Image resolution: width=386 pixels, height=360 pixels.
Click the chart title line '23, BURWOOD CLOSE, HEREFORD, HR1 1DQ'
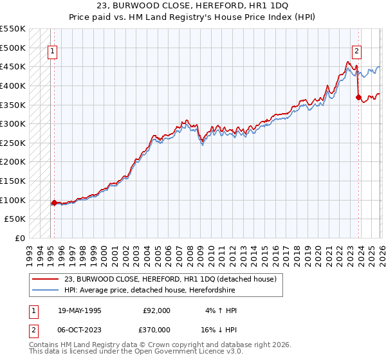pyautogui.click(x=192, y=6)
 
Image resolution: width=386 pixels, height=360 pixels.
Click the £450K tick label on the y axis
pyautogui.click(x=13, y=66)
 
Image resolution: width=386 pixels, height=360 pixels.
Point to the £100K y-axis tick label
pyautogui.click(x=13, y=200)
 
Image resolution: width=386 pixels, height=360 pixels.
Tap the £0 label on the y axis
pyautogui.click(x=20, y=238)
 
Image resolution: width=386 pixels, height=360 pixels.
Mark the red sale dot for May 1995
pyautogui.click(x=54, y=203)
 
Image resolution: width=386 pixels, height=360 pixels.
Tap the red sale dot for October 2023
pyautogui.click(x=358, y=97)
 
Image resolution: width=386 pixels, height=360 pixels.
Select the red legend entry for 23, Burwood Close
pyautogui.click(x=170, y=278)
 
